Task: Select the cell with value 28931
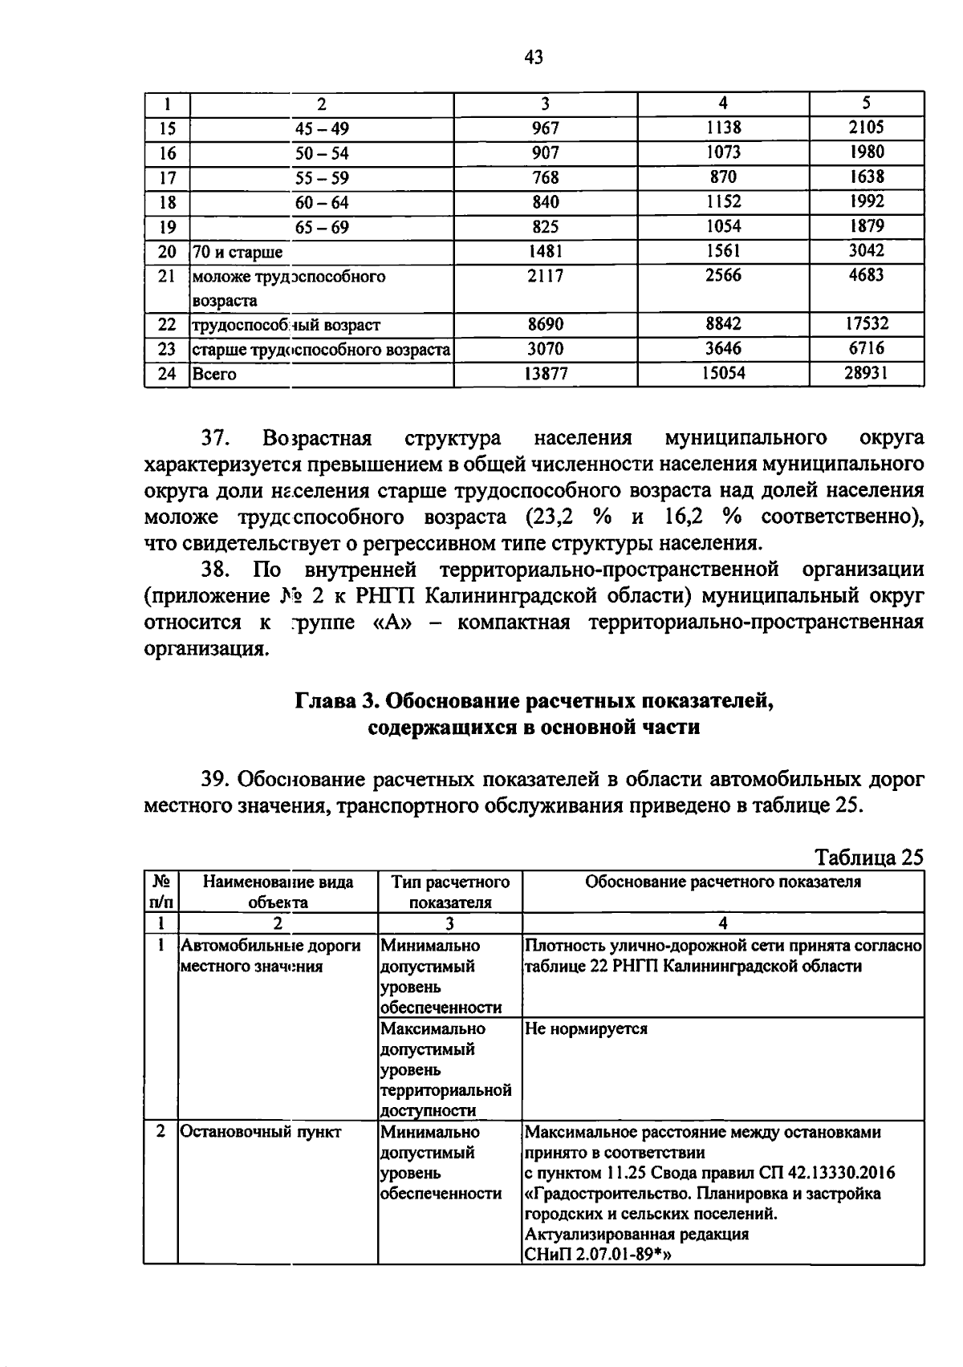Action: click(866, 373)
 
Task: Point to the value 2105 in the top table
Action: click(866, 128)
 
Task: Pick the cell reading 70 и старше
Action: click(238, 253)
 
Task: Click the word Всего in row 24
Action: click(213, 374)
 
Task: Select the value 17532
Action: click(866, 323)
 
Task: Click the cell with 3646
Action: click(723, 348)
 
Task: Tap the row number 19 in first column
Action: click(167, 227)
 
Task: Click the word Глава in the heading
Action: click(327, 701)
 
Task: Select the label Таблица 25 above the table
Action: click(869, 857)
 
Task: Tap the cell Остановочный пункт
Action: click(261, 1132)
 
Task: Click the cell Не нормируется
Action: click(586, 1028)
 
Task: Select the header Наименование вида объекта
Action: click(278, 891)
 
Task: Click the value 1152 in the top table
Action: click(723, 201)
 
